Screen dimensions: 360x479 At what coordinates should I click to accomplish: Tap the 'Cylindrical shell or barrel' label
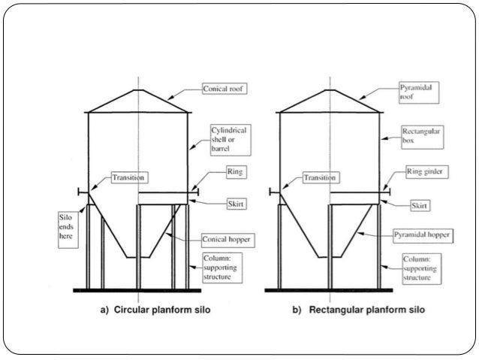230,141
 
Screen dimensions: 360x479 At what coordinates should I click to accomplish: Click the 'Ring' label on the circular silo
235,172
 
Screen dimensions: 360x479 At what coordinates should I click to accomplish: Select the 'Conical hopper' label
225,241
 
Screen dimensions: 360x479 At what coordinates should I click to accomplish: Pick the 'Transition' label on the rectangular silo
321,178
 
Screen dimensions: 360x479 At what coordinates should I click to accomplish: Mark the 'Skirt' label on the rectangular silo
424,204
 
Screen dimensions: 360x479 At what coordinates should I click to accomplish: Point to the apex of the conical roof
138,90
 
